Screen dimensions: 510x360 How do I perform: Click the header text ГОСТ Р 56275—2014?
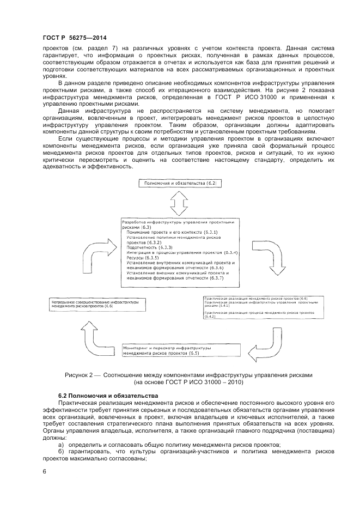coord(74,38)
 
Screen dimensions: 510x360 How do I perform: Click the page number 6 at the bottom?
coord(44,471)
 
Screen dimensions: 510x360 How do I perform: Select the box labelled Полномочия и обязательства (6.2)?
coord(181,184)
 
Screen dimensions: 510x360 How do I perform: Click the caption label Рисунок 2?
coord(82,375)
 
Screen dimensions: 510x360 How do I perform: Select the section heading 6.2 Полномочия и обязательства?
coord(108,395)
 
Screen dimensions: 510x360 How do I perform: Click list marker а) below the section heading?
coord(61,445)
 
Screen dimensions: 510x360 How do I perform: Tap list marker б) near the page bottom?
coord(61,451)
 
